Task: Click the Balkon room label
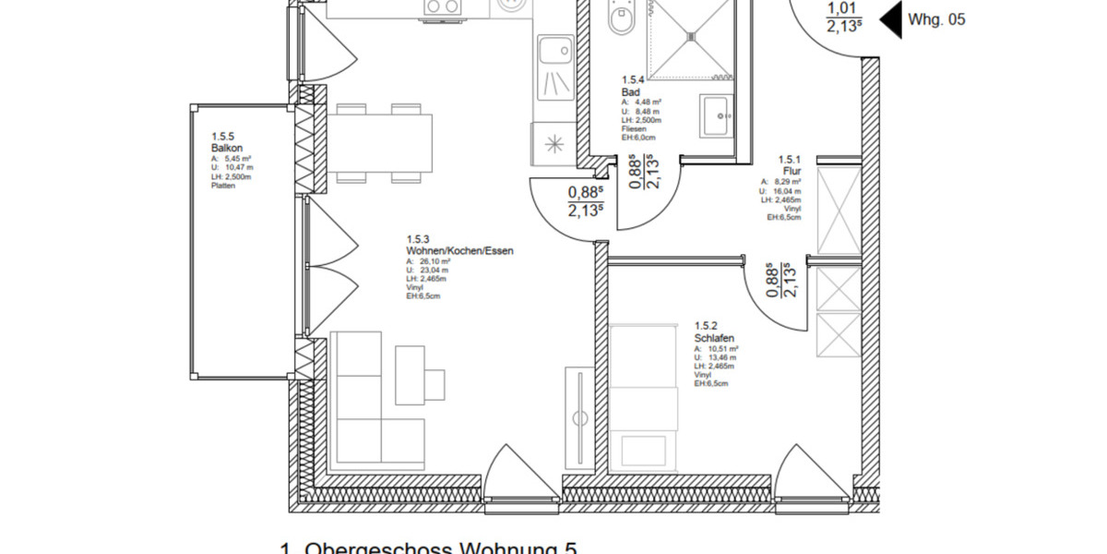(227, 147)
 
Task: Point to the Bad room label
(631, 92)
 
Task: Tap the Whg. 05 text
(937, 18)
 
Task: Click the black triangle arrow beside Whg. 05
(889, 19)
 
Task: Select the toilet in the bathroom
(620, 18)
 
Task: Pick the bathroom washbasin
(717, 115)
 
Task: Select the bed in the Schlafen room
(644, 397)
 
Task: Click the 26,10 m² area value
(425, 261)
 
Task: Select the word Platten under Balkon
(223, 186)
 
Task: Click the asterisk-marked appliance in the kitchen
(554, 144)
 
